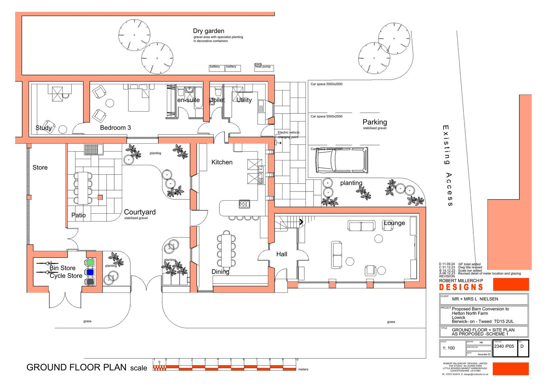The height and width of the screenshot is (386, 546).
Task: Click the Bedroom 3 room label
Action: click(115, 128)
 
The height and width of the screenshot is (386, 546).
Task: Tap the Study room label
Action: click(44, 128)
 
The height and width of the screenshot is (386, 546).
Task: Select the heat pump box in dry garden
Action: click(264, 68)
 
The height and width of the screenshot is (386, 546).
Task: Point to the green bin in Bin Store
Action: click(90, 263)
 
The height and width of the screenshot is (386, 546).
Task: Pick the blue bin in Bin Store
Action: click(90, 272)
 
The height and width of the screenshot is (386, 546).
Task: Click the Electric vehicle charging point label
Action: click(288, 135)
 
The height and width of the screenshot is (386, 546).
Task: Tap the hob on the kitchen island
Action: click(245, 204)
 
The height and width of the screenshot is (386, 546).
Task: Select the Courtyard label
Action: click(140, 212)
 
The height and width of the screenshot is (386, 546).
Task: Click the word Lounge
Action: click(394, 223)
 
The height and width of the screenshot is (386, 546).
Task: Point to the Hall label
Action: click(282, 254)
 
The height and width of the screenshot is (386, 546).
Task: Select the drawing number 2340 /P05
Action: click(504, 346)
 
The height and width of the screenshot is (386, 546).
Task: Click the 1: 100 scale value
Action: click(449, 348)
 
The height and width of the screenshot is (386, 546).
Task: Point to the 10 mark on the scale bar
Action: click(297, 360)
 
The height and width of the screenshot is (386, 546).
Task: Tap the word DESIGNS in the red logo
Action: click(461, 287)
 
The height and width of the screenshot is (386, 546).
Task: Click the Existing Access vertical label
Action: click(447, 166)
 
